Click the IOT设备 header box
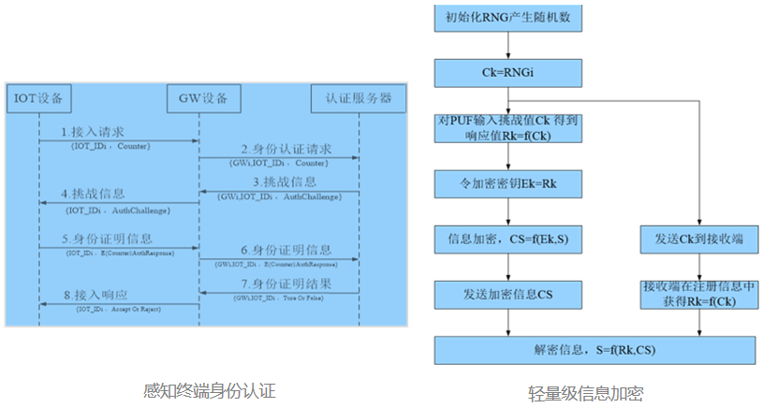(38, 97)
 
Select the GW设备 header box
(198, 97)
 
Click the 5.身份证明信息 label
(107, 239)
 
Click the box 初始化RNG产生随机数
(506, 19)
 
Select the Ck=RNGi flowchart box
(506, 71)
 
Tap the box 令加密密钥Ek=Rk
(506, 182)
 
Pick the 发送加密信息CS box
(506, 295)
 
